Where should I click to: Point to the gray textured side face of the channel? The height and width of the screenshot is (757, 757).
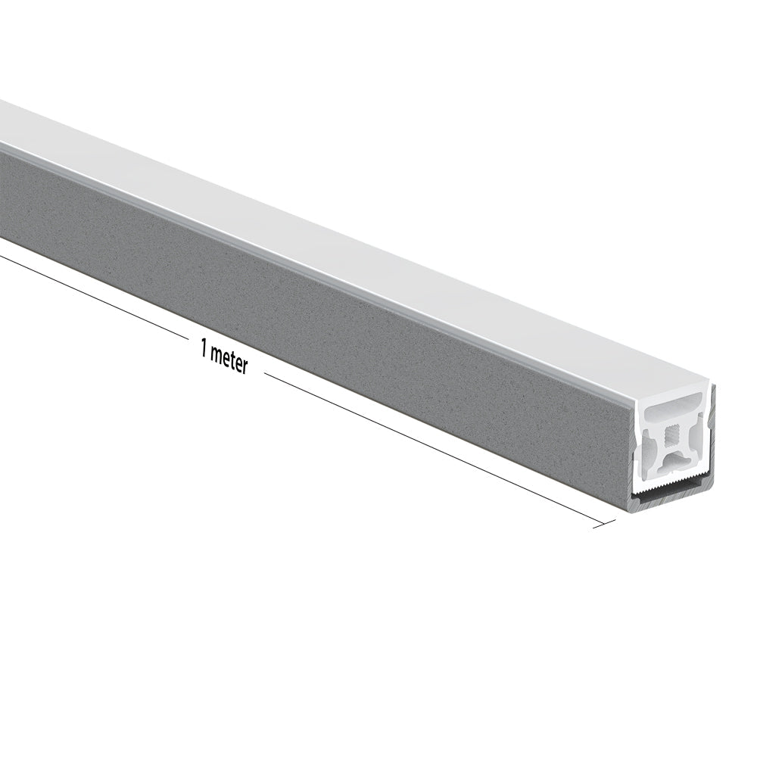click(x=303, y=303)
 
